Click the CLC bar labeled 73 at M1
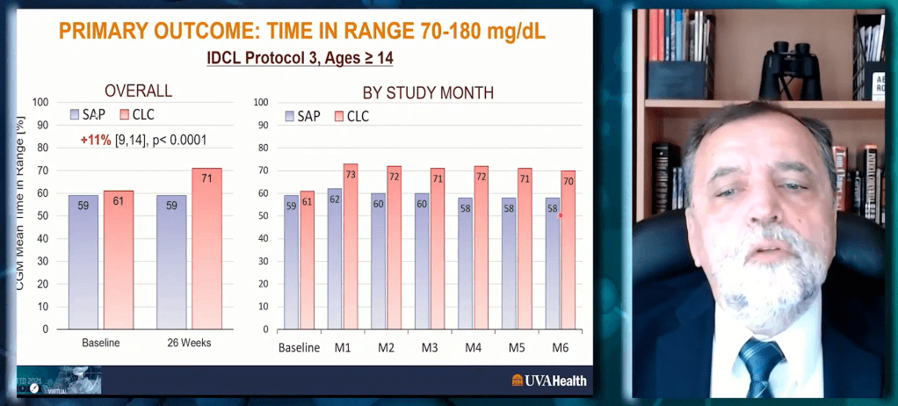click(x=351, y=246)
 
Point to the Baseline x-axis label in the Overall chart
click(x=100, y=343)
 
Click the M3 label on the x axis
click(x=430, y=348)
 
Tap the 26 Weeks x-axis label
click(x=189, y=343)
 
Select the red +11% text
click(x=96, y=140)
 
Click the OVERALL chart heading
click(x=138, y=91)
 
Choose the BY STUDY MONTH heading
click(x=428, y=92)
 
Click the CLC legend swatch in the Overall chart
click(x=125, y=114)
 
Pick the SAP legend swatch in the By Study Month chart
click(x=289, y=116)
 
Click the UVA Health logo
click(x=549, y=381)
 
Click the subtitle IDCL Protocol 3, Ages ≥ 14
click(x=301, y=60)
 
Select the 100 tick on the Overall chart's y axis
click(x=40, y=102)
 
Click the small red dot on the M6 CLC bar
click(x=561, y=214)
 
